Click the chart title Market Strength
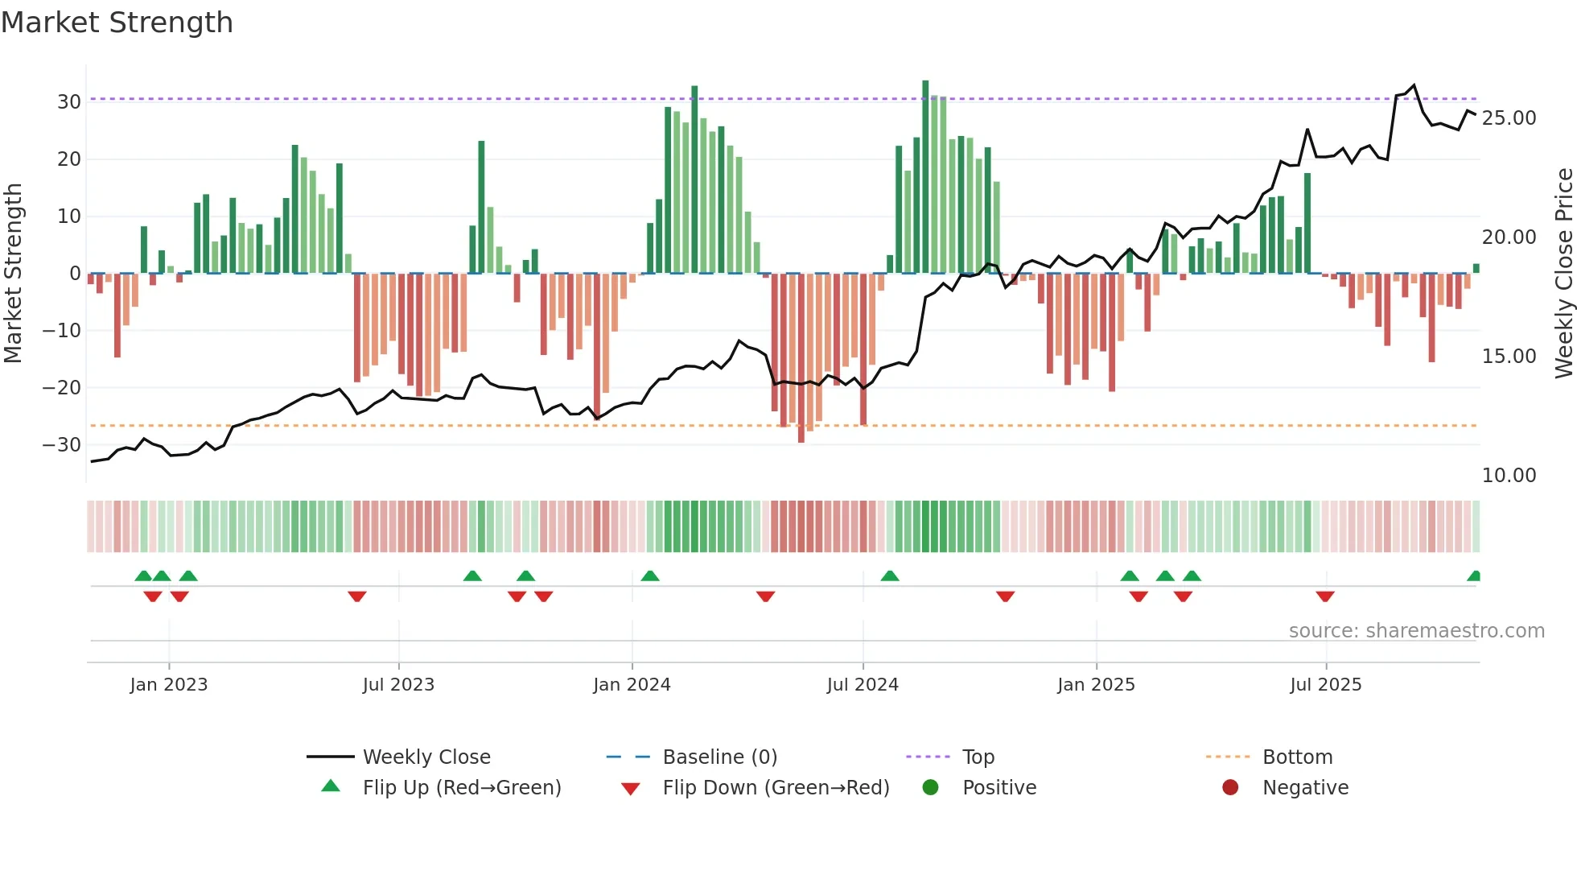click(x=117, y=23)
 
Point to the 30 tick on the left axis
click(x=69, y=102)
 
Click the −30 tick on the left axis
click(x=62, y=445)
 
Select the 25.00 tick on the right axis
click(x=1509, y=118)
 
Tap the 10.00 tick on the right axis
click(x=1509, y=476)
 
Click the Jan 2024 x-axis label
click(x=632, y=685)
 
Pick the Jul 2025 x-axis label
click(x=1325, y=685)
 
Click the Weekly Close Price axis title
click(x=1563, y=274)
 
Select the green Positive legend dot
click(x=931, y=788)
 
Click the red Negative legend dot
click(x=1230, y=788)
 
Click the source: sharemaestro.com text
click(x=1416, y=631)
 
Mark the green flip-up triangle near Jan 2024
click(x=650, y=576)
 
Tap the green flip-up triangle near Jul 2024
click(x=890, y=576)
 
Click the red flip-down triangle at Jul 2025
click(x=1325, y=596)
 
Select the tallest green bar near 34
click(x=925, y=177)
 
